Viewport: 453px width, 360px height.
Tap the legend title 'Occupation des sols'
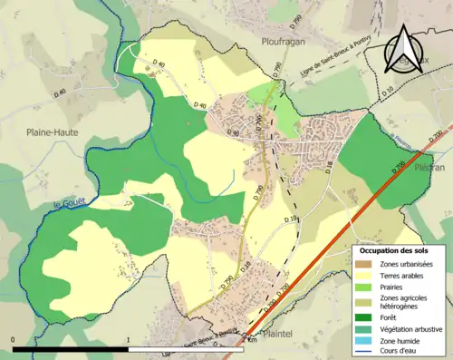394,249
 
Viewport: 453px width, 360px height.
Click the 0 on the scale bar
13,340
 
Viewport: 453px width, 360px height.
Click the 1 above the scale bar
129,340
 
